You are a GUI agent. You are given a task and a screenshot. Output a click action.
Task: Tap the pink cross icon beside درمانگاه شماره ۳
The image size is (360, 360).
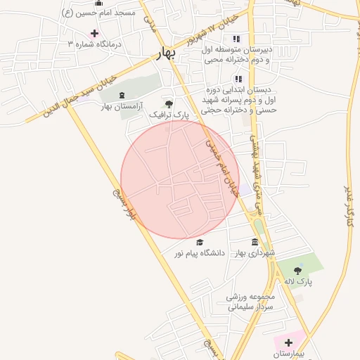(x=94, y=33)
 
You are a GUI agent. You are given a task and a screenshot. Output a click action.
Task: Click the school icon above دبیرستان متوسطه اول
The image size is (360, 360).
(x=237, y=39)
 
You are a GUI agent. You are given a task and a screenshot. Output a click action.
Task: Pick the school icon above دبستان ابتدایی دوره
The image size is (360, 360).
(x=238, y=79)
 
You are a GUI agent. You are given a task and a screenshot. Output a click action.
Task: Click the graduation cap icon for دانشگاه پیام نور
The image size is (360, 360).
(x=200, y=242)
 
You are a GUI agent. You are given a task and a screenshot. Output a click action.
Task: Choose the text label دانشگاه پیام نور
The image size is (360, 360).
(x=200, y=252)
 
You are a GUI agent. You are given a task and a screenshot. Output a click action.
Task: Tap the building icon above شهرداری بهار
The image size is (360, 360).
(x=254, y=242)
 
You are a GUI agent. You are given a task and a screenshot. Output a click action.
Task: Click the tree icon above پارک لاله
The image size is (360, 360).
(x=297, y=270)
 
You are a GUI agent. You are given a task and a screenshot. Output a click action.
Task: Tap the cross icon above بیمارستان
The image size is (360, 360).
(x=288, y=342)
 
